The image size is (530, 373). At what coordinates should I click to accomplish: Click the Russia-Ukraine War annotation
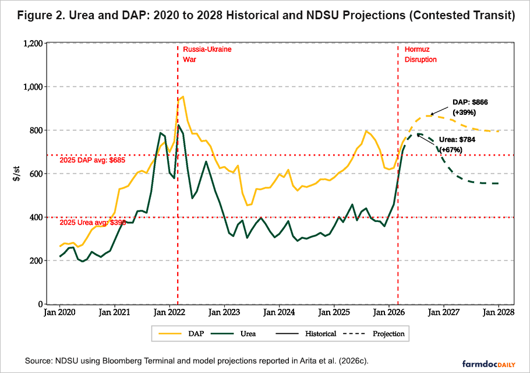tap(207, 54)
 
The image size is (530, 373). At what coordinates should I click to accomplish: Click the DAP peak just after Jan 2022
tap(182, 97)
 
